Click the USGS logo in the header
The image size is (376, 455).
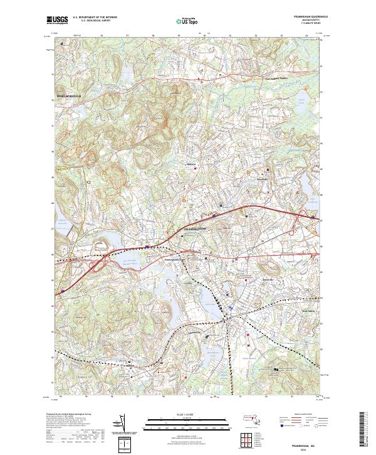click(x=58, y=20)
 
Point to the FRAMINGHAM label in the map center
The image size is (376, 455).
click(x=194, y=230)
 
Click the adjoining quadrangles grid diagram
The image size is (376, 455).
click(x=244, y=436)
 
